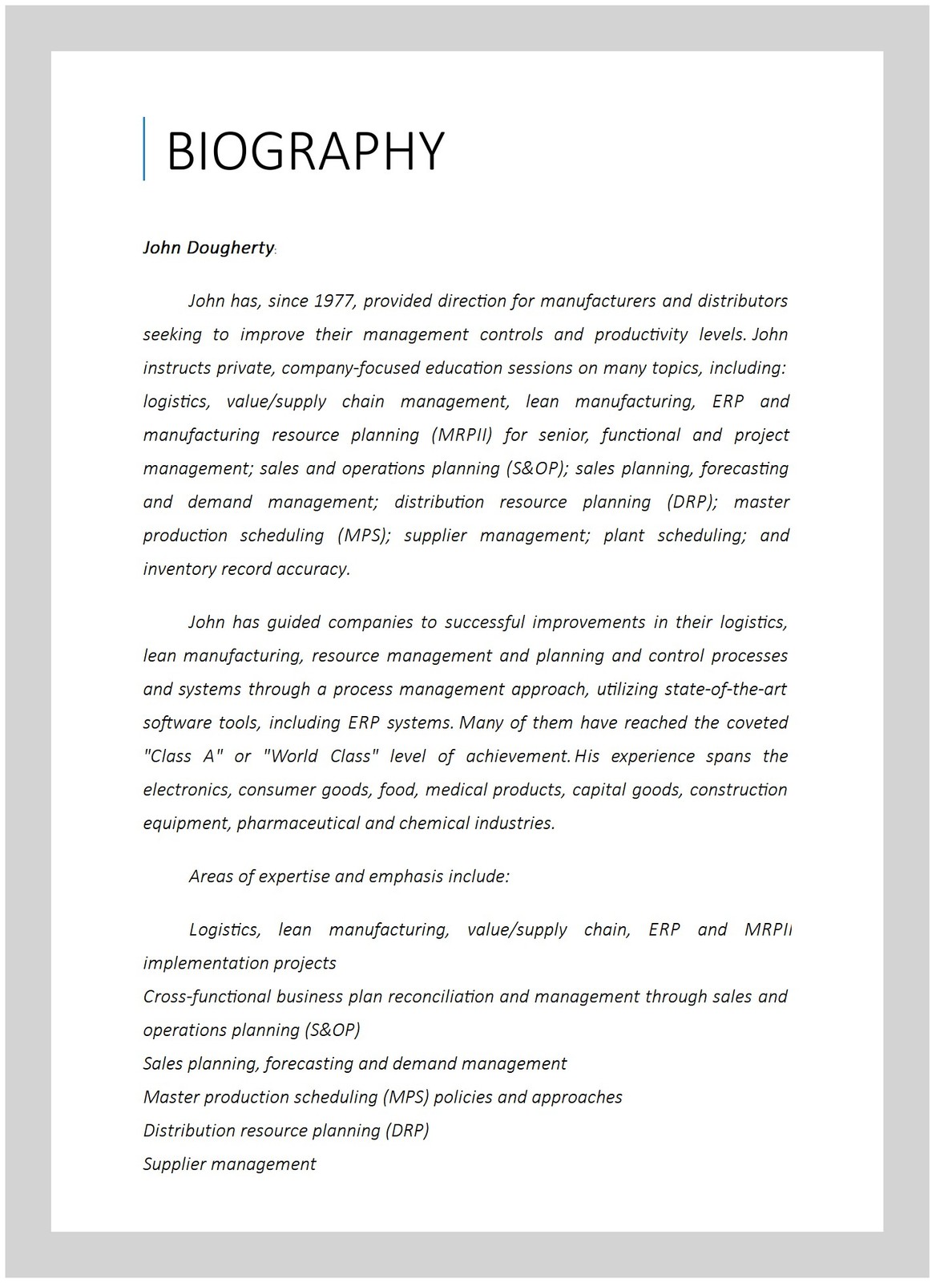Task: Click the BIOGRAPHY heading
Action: (305, 150)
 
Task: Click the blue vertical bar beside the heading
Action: (144, 148)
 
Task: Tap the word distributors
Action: (742, 301)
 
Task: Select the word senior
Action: (563, 435)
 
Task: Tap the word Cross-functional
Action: (207, 997)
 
